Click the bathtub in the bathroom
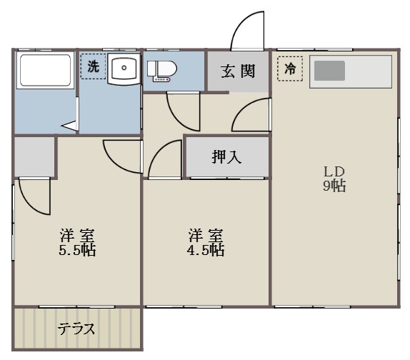pyautogui.click(x=45, y=70)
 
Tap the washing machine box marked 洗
pyautogui.click(x=93, y=66)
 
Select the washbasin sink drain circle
pyautogui.click(x=124, y=68)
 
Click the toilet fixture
pyautogui.click(x=162, y=71)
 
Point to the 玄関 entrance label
pyautogui.click(x=238, y=71)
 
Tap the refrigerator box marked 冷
pyautogui.click(x=290, y=69)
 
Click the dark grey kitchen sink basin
pyautogui.click(x=329, y=71)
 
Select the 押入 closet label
pyautogui.click(x=226, y=157)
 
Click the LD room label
pyautogui.click(x=334, y=171)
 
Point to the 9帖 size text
pyautogui.click(x=334, y=186)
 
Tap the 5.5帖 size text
pyautogui.click(x=77, y=250)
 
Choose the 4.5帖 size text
pyautogui.click(x=206, y=250)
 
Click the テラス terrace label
pyautogui.click(x=76, y=329)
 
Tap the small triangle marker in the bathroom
pyautogui.click(x=69, y=125)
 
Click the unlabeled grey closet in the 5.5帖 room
pyautogui.click(x=34, y=156)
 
